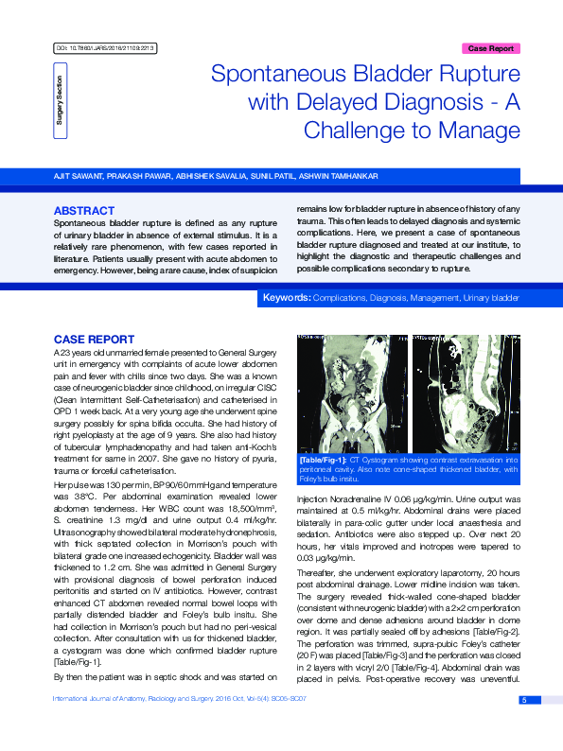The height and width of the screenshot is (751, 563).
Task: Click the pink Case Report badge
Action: tap(491, 47)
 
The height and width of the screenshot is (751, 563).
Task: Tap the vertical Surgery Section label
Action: tap(60, 100)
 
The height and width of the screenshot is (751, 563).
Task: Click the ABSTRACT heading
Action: tap(84, 210)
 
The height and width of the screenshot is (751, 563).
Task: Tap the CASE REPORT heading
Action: tap(94, 338)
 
